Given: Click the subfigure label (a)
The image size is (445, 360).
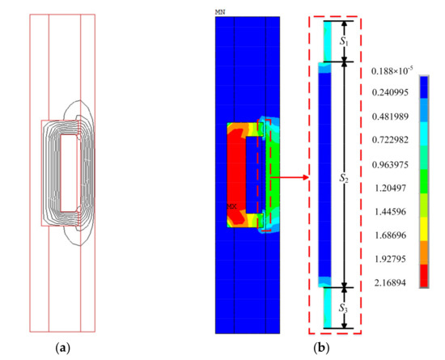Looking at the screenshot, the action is [63, 348].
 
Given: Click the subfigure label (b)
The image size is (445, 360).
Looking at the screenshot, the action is [321, 348].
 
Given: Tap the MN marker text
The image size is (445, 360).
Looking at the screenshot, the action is [220, 12].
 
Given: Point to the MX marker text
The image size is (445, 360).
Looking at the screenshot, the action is [231, 206].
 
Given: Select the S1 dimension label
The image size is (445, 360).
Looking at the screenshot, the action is [344, 42].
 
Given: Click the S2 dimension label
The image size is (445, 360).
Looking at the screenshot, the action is [344, 179].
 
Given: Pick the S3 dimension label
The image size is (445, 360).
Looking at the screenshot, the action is [343, 308].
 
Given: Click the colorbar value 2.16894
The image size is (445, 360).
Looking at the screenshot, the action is [390, 283].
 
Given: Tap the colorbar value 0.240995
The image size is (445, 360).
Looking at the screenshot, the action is [390, 92].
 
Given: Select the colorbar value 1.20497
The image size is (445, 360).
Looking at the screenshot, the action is [391, 188].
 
